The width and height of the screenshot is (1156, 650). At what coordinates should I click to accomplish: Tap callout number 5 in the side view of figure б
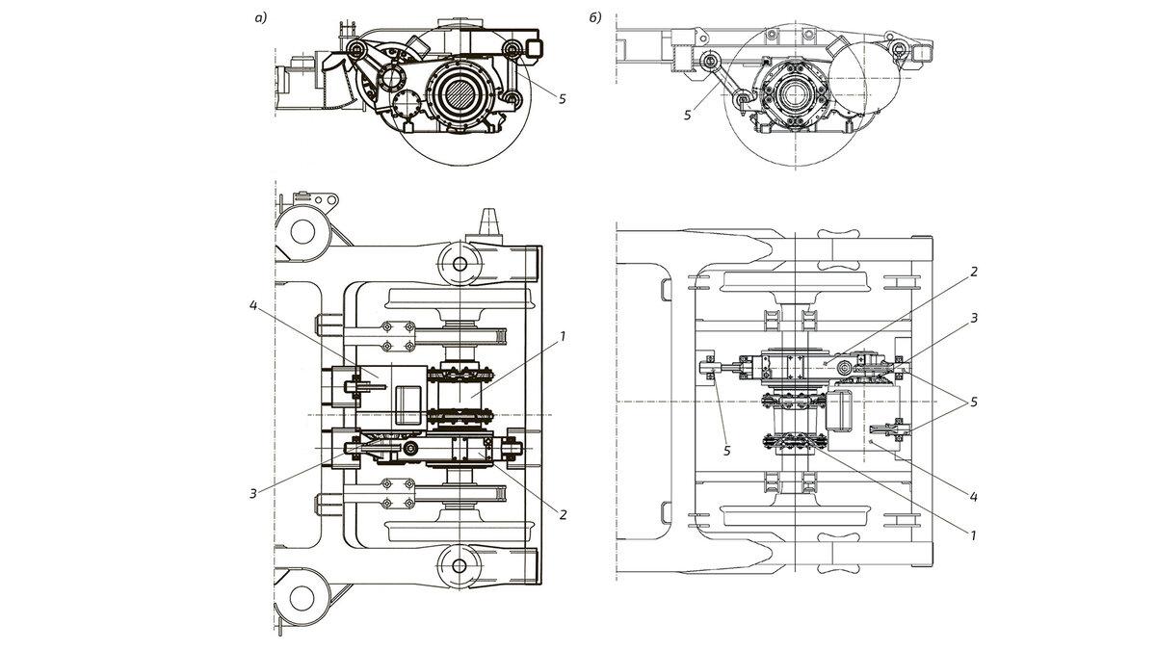pyautogui.click(x=688, y=115)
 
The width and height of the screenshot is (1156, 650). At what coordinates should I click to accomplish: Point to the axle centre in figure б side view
pyautogui.click(x=796, y=97)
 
